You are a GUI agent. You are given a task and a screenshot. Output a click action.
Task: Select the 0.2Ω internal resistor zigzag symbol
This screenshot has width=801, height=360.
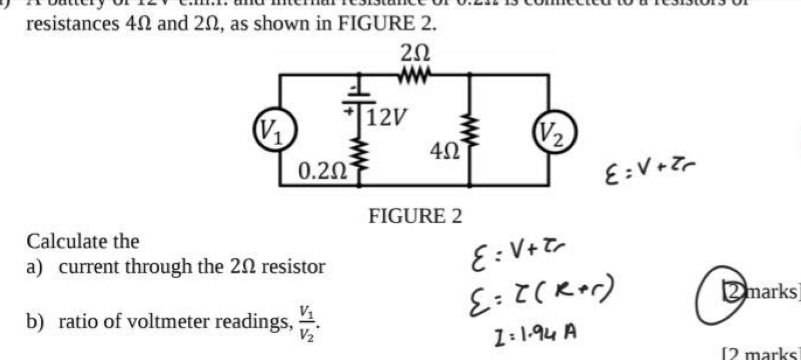coord(359,154)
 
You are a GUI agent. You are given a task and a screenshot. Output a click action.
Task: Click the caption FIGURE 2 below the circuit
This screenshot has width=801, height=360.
coord(415,216)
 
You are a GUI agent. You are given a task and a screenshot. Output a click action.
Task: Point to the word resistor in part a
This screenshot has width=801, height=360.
coord(294,267)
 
